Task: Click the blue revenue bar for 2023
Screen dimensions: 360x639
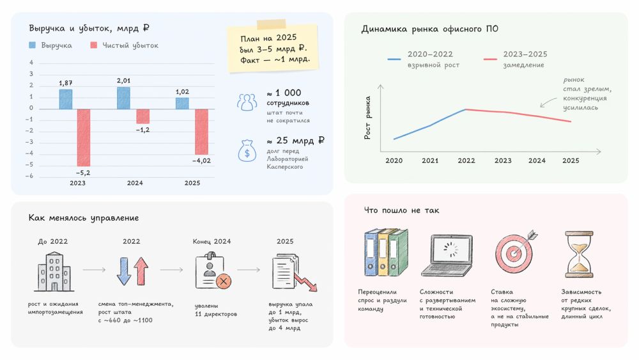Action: point(65,99)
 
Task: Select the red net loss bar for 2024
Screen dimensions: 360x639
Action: point(142,116)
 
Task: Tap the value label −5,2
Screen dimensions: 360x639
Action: point(83,173)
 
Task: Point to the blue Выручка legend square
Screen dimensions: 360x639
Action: point(33,45)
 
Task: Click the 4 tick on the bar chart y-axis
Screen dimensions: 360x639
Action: point(31,63)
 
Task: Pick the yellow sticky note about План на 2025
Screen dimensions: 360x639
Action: point(272,48)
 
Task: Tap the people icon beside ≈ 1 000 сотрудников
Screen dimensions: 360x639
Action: point(247,102)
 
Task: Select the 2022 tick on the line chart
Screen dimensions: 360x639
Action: point(466,160)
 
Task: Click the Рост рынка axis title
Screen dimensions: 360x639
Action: point(367,122)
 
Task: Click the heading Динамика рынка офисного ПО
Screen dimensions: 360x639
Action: point(430,29)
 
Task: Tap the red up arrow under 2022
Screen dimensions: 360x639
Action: point(141,271)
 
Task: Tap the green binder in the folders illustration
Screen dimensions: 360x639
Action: point(399,253)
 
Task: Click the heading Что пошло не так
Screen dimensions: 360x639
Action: point(401,210)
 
